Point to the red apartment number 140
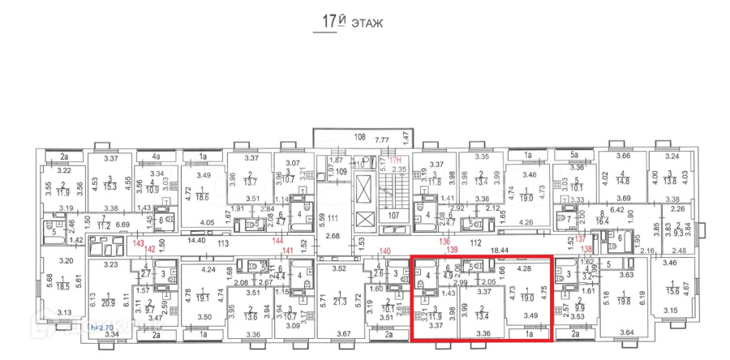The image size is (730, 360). click(385, 251)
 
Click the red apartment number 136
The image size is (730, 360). click(444, 239)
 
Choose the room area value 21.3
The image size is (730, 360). click(340, 302)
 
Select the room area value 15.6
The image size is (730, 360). click(672, 292)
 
